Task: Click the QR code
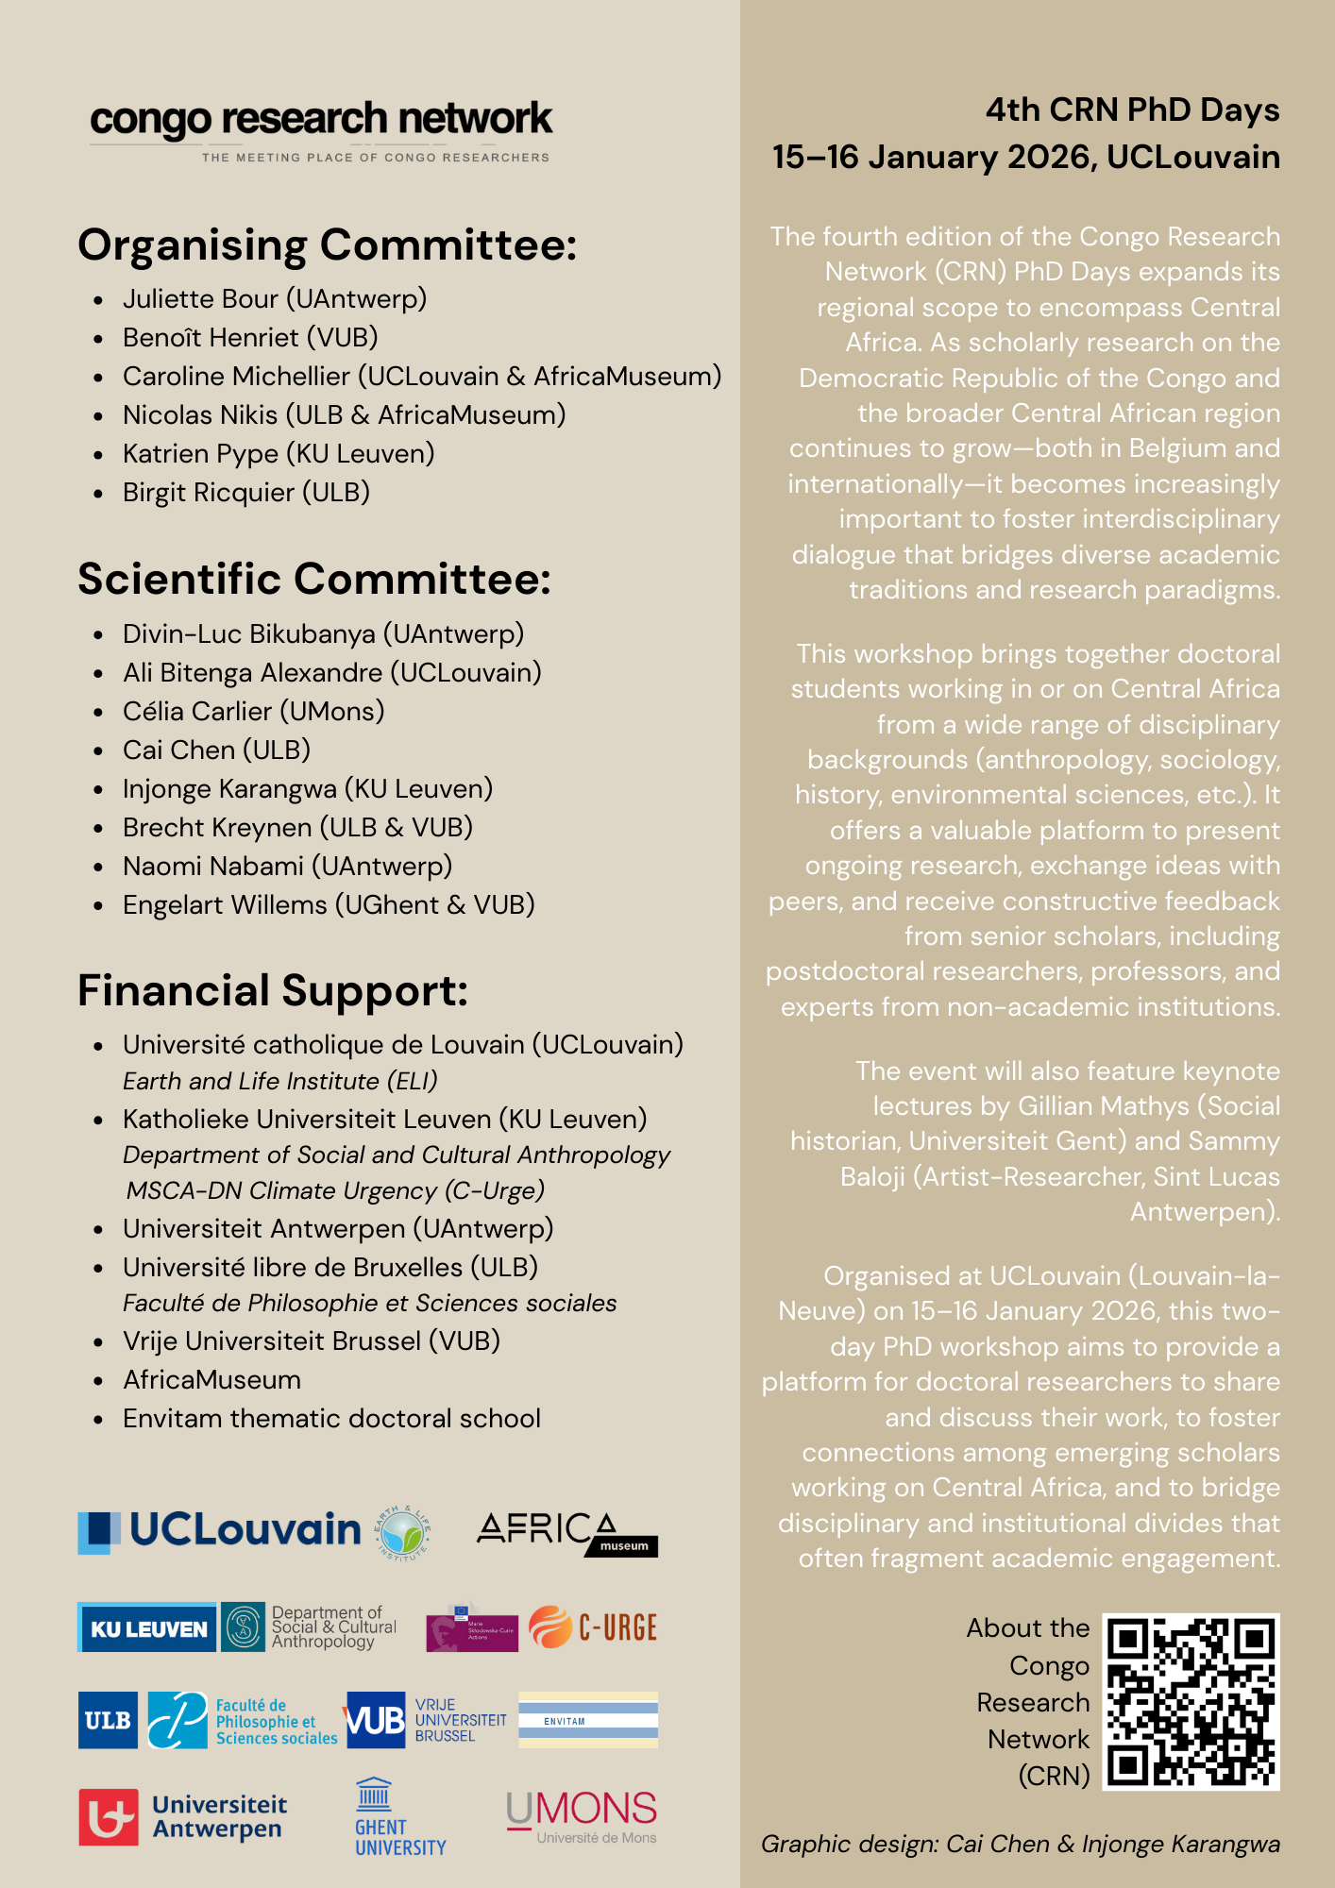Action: point(1191,1701)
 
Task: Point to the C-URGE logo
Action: point(593,1627)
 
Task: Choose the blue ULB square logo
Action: point(108,1720)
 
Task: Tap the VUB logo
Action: point(376,1720)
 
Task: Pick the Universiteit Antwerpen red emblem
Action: point(109,1816)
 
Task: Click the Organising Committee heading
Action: point(327,245)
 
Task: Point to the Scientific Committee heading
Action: point(313,580)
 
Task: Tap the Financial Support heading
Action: point(273,991)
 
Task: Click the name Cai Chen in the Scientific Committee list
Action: point(179,750)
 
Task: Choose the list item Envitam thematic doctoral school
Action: point(331,1419)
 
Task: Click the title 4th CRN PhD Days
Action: point(1132,110)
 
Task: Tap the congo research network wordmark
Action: point(321,121)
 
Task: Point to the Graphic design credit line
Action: point(1020,1845)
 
